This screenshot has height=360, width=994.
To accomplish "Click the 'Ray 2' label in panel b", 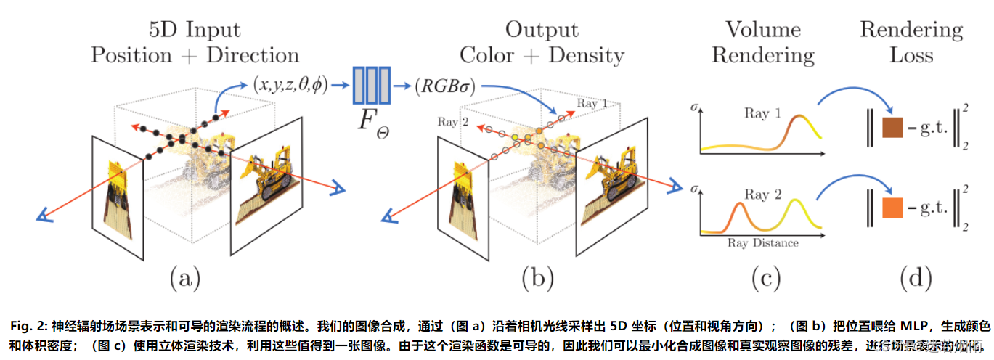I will (x=448, y=122).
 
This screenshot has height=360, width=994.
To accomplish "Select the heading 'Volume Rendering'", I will (x=762, y=42).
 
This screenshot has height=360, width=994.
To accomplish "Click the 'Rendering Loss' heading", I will (x=911, y=42).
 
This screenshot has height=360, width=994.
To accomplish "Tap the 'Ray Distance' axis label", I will (x=762, y=243).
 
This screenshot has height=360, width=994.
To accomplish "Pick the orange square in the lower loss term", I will (x=891, y=208).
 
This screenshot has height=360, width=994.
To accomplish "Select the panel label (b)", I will (x=537, y=277).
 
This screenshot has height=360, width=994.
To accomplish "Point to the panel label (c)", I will (x=762, y=277).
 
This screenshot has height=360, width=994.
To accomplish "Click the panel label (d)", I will (x=911, y=277).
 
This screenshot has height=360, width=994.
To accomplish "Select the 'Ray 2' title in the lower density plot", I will (x=761, y=194).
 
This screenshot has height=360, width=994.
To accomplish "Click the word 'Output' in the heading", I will (x=542, y=30).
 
